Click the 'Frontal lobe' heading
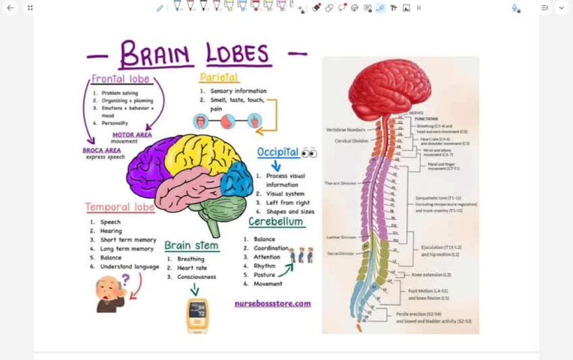(121, 79)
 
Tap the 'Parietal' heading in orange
(218, 77)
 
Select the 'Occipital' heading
(277, 152)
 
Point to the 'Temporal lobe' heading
(120, 207)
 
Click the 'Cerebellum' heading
(276, 222)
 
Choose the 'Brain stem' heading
(191, 245)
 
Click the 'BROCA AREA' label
(102, 150)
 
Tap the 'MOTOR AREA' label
(132, 135)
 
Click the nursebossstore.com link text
(272, 304)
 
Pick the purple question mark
(125, 280)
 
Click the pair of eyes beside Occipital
(309, 153)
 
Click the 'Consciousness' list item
(196, 277)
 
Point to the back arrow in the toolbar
(10, 7)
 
